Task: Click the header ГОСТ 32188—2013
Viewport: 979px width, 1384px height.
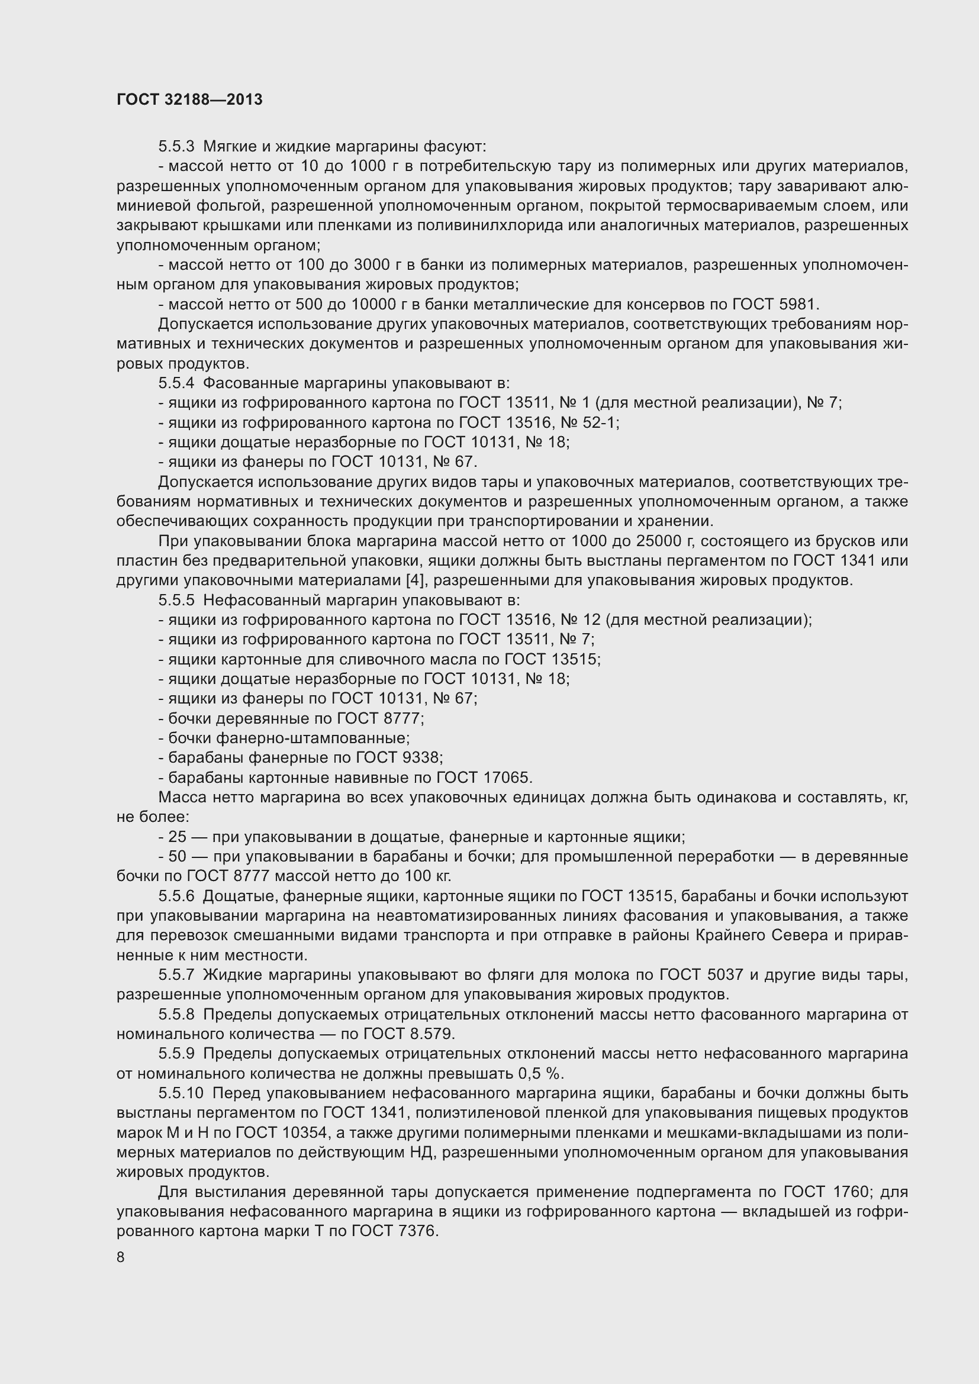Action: point(189,99)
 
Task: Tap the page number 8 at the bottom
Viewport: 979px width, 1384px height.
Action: point(121,1257)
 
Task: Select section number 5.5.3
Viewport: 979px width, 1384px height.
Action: point(176,147)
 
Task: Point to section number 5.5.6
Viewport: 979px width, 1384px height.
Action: point(176,896)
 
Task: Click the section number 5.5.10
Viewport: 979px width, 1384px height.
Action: point(181,1093)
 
